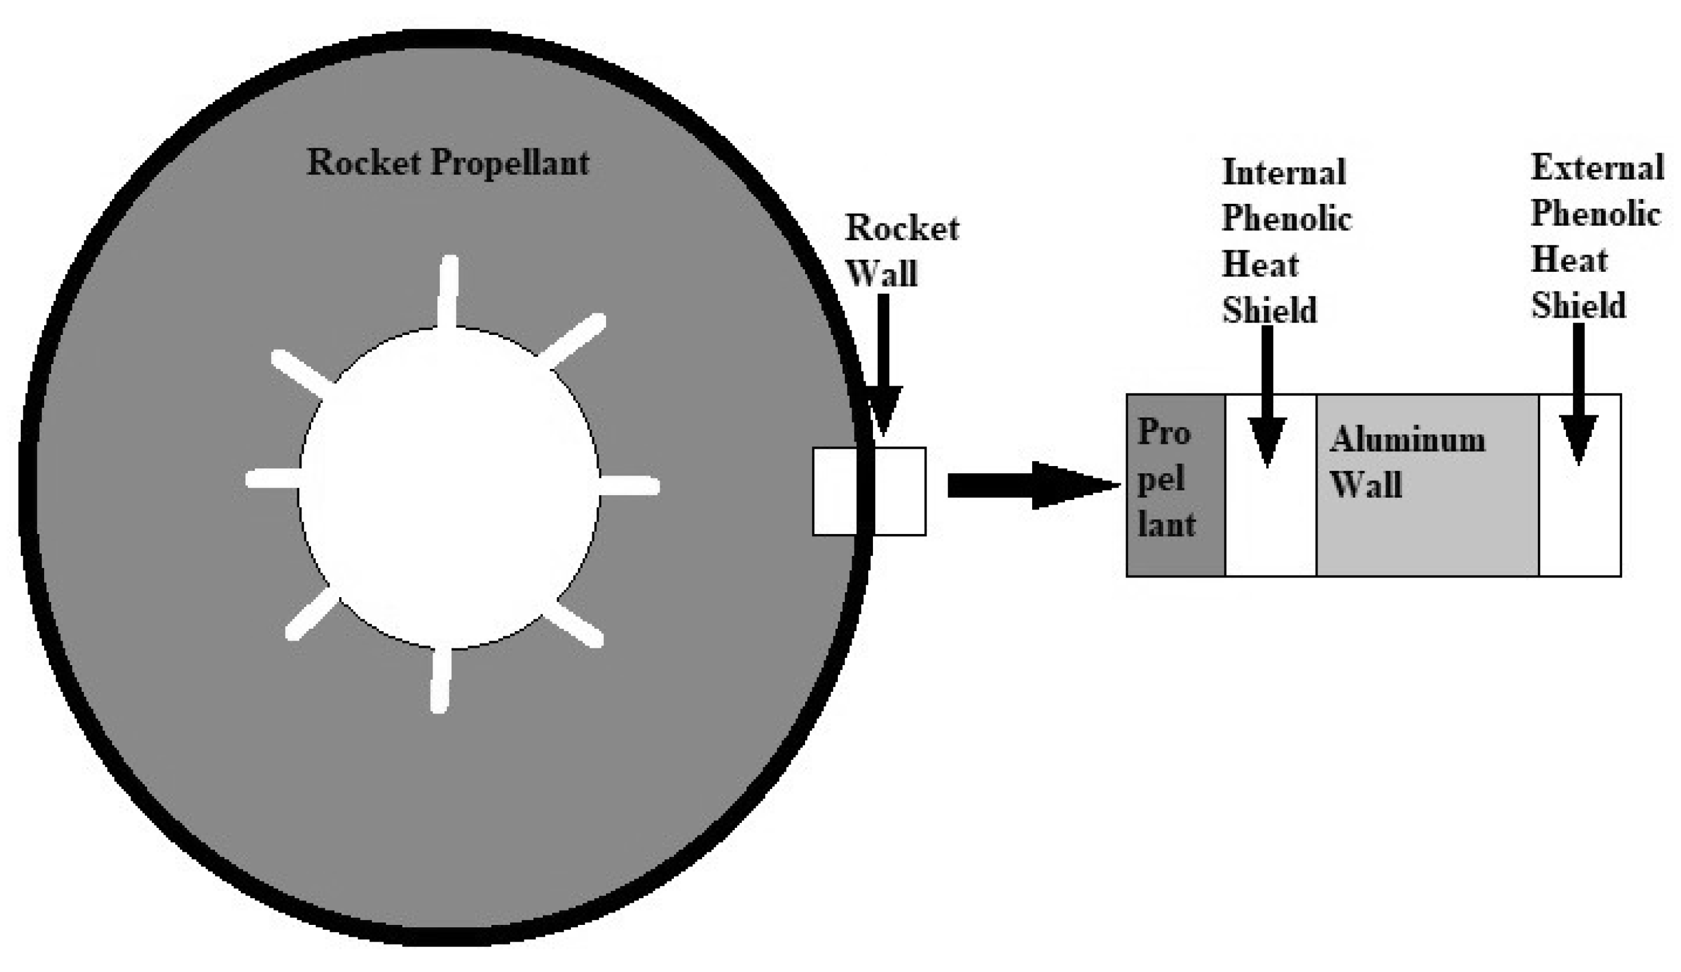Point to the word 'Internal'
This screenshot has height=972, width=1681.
pyautogui.click(x=1284, y=173)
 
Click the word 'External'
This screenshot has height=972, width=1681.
pyautogui.click(x=1597, y=167)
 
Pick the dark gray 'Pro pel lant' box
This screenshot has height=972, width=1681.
pyautogui.click(x=1174, y=485)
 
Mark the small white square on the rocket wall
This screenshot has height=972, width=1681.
pyautogui.click(x=869, y=491)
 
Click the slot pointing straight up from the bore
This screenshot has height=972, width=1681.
pyautogui.click(x=448, y=292)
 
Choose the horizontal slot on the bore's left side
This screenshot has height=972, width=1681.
pyautogui.click(x=274, y=479)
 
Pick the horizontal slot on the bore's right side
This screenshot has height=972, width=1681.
pyautogui.click(x=629, y=486)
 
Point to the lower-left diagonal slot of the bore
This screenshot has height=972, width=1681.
pyautogui.click(x=312, y=614)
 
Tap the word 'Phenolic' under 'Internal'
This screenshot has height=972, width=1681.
pyautogui.click(x=1286, y=219)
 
